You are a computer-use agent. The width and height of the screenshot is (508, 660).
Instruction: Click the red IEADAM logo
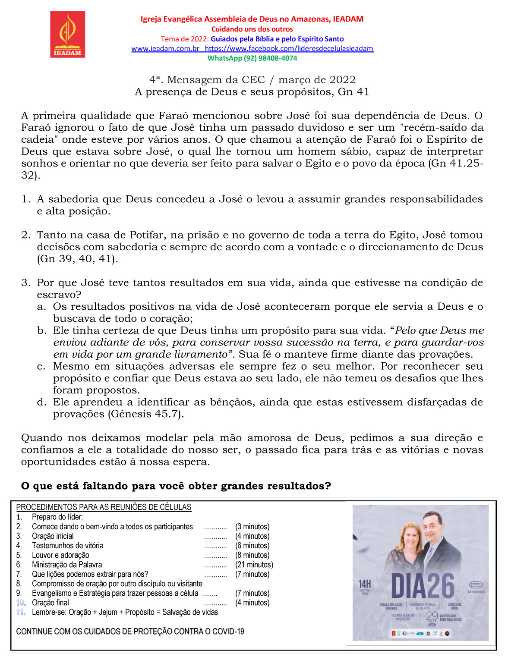tap(68, 34)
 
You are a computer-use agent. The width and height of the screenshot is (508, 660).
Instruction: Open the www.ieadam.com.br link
tap(165, 49)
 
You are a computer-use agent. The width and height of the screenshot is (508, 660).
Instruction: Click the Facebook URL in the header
tap(289, 49)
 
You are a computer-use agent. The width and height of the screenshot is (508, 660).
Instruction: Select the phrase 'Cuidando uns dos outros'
tap(252, 29)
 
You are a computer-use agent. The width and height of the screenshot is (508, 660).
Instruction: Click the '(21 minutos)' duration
tap(254, 565)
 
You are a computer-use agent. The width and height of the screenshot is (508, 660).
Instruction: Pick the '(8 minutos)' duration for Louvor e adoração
tap(252, 555)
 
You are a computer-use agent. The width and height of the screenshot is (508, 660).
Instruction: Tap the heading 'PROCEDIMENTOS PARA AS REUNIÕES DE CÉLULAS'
tap(104, 507)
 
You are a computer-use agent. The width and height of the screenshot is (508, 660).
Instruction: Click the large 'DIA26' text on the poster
tap(423, 586)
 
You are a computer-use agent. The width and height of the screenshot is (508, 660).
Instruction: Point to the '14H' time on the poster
tap(365, 584)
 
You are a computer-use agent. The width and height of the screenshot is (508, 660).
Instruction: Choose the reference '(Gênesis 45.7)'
tap(146, 414)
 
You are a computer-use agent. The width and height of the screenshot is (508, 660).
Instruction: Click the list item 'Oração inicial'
tap(53, 536)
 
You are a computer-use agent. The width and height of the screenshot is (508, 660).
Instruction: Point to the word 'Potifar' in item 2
tap(147, 235)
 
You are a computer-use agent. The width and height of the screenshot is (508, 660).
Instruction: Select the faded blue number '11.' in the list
tap(21, 612)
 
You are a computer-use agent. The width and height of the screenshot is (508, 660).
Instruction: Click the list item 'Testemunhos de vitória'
tap(67, 546)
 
